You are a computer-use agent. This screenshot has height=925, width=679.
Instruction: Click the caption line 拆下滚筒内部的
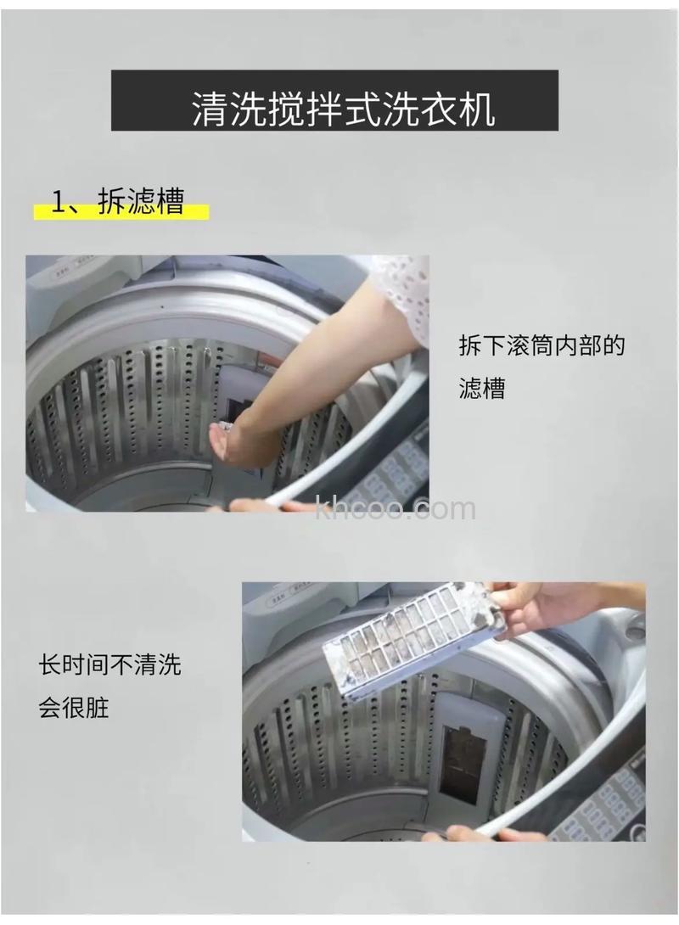pyautogui.click(x=542, y=347)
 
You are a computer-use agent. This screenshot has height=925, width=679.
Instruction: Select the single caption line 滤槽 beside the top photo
pyautogui.click(x=481, y=389)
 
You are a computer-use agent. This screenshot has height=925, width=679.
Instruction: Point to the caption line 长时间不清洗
pyautogui.click(x=109, y=664)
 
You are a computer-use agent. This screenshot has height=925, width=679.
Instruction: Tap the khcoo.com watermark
pyautogui.click(x=395, y=509)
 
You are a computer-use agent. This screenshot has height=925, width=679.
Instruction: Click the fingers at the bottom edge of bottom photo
pyautogui.click(x=475, y=835)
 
